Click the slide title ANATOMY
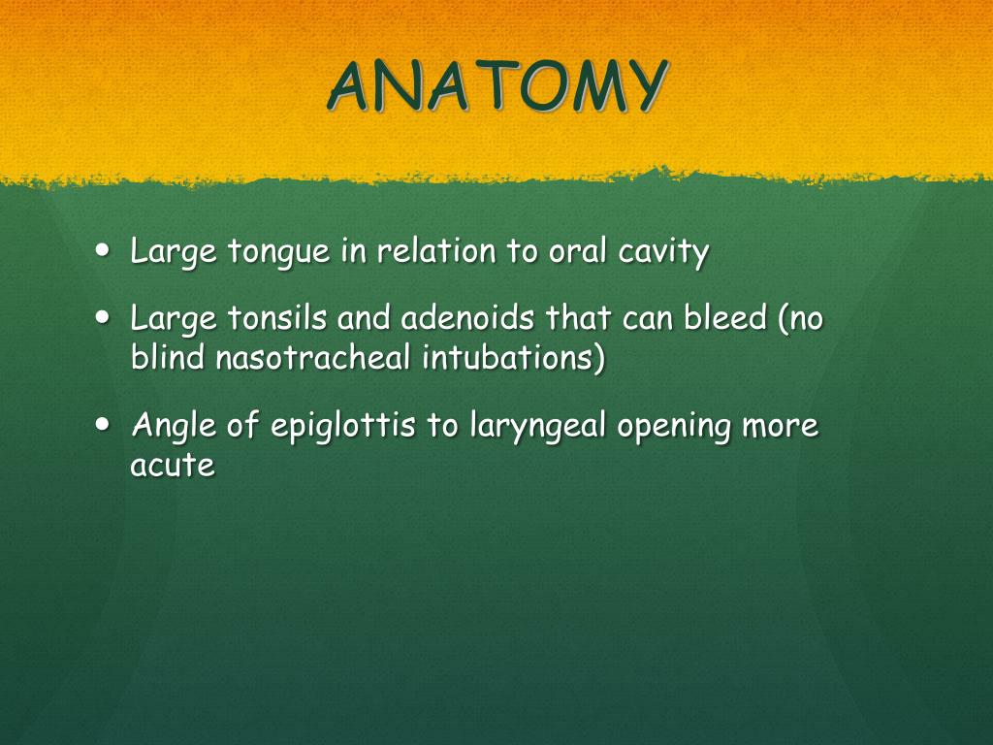(497, 86)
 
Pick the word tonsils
(276, 317)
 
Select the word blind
(167, 357)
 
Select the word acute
(173, 466)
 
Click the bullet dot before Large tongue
(103, 249)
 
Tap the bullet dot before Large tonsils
(103, 316)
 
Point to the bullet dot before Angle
(103, 424)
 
